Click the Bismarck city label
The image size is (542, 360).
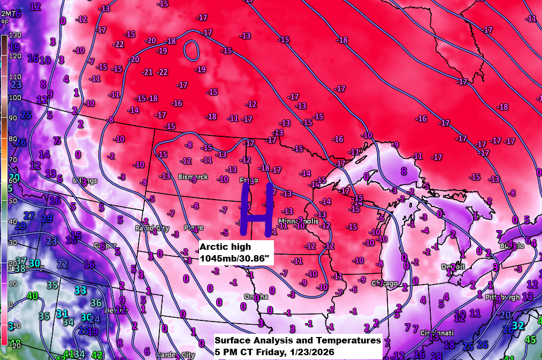[193, 176]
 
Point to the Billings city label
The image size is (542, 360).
[85, 180]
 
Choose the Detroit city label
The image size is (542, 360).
[454, 266]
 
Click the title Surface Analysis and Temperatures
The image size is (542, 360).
[297, 340]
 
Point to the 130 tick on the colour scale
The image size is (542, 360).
[14, 35]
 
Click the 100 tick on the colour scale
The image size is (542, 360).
[14, 97]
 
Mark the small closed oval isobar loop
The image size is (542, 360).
[191, 50]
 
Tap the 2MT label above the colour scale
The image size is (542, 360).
[5, 13]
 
